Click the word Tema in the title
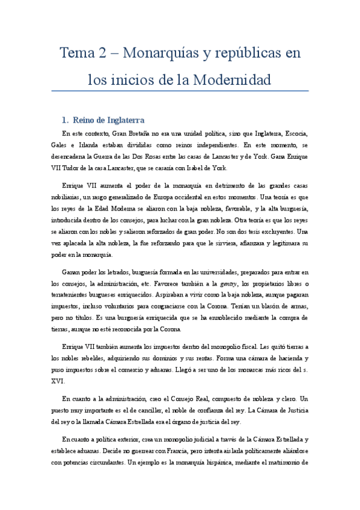(x=78, y=54)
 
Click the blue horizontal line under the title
(x=180, y=91)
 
